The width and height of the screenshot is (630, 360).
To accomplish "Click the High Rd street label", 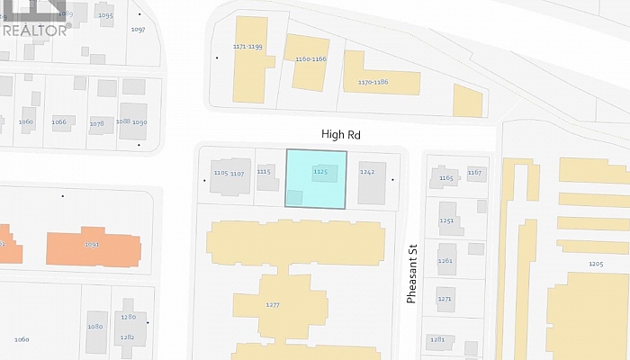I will [x=341, y=133].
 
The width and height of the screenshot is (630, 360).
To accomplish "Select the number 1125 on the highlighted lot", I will [x=319, y=170].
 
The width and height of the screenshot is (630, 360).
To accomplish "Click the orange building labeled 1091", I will [x=93, y=244].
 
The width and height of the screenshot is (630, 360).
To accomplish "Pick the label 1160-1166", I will [x=310, y=58].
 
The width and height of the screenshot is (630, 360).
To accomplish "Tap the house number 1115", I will [x=264, y=170].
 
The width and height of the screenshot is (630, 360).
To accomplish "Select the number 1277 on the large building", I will [x=274, y=305].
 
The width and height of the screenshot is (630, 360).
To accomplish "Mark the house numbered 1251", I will [x=446, y=220].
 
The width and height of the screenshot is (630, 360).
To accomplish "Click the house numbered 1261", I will [x=445, y=260].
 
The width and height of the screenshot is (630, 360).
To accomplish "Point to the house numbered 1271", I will [x=445, y=298].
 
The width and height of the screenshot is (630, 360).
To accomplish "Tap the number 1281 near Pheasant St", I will [x=437, y=339].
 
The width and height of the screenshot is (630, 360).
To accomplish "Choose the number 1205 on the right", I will [x=595, y=264].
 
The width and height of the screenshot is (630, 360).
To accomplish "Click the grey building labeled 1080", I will [x=94, y=327].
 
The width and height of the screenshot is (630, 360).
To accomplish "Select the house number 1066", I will [x=59, y=121].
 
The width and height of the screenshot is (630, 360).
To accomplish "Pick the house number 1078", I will [x=96, y=122].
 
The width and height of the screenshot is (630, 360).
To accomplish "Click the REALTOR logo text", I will [x=36, y=30].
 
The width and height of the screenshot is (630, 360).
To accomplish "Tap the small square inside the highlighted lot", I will [x=294, y=198].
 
